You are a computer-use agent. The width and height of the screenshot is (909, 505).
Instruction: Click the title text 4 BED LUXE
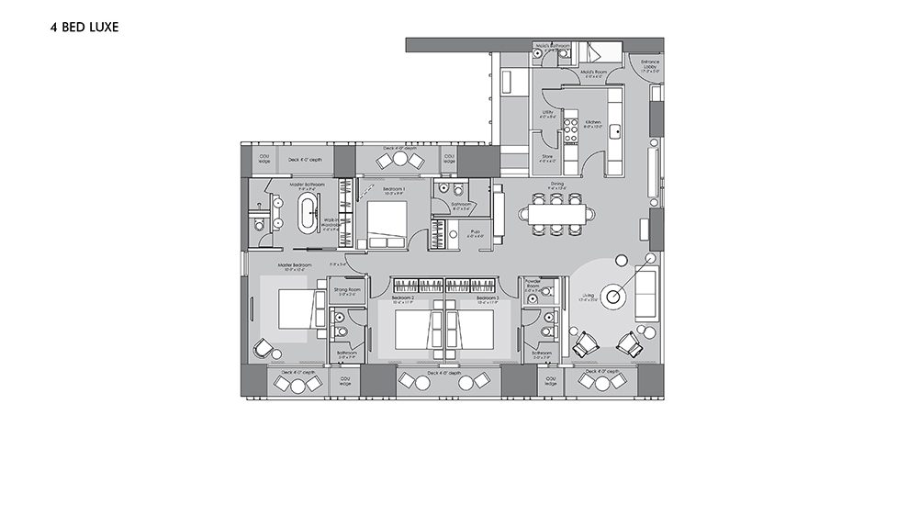tap(84, 28)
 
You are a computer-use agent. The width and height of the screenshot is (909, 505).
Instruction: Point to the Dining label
tap(556, 185)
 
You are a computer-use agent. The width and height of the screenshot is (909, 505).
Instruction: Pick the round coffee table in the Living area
tap(614, 296)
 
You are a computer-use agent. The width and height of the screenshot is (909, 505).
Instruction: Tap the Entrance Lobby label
tap(650, 64)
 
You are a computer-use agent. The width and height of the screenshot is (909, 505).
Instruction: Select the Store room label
tap(546, 158)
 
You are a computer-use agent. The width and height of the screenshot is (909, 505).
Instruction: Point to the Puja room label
tap(475, 233)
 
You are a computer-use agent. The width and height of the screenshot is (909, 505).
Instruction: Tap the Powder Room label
tap(533, 286)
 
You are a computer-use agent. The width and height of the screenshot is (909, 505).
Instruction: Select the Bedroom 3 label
tap(487, 299)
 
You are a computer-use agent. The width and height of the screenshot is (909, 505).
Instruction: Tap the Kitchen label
tap(593, 123)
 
